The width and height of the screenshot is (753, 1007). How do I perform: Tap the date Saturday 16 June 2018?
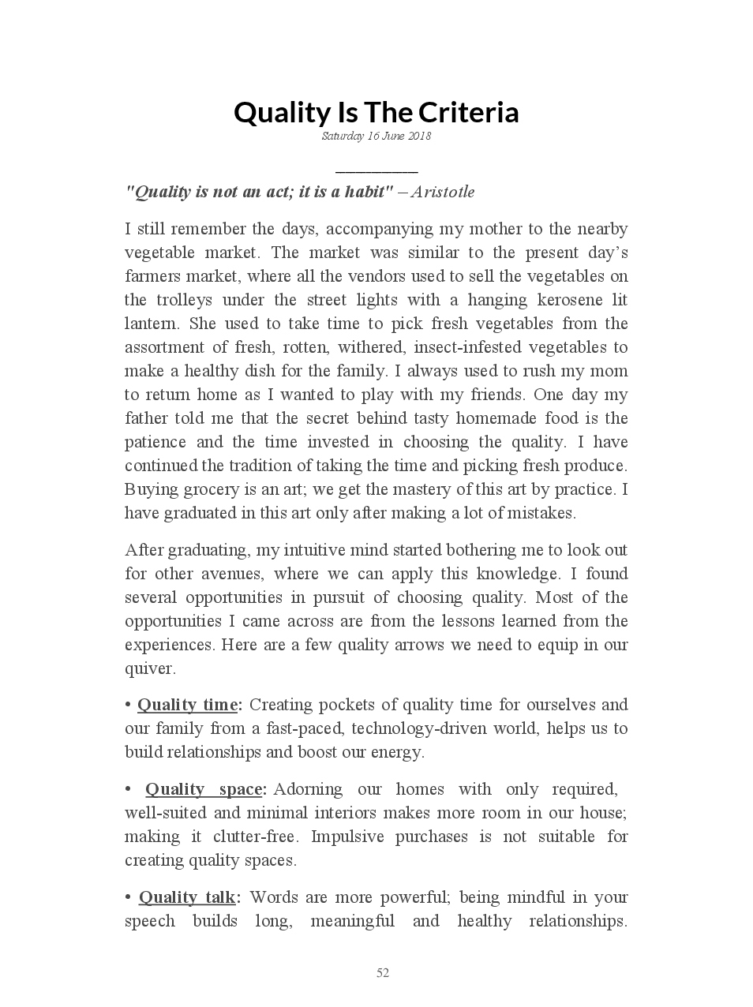pyautogui.click(x=376, y=137)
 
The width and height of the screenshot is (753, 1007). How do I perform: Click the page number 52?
pyautogui.click(x=383, y=973)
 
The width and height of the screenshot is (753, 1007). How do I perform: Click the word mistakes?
pyautogui.click(x=540, y=513)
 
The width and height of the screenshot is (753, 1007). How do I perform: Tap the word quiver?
pyautogui.click(x=149, y=668)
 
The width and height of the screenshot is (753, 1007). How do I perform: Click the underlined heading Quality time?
pyautogui.click(x=187, y=705)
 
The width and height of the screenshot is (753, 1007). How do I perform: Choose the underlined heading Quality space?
pyautogui.click(x=204, y=789)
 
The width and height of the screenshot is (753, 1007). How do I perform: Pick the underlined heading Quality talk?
pyautogui.click(x=187, y=897)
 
